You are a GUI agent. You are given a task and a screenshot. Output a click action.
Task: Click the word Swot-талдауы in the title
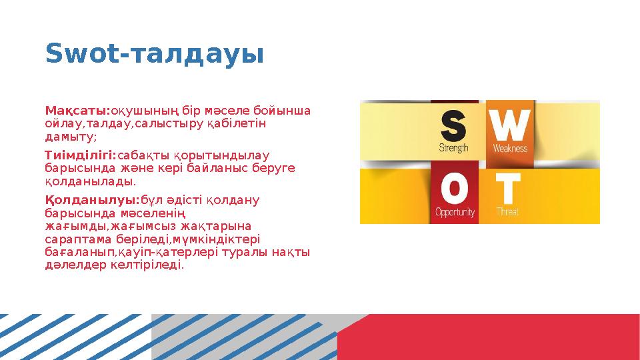coord(154,54)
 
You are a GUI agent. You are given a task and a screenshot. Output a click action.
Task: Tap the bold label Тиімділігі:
coord(81,155)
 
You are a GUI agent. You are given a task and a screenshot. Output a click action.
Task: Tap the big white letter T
coord(507,190)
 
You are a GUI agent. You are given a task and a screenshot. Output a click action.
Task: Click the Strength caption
coord(453,148)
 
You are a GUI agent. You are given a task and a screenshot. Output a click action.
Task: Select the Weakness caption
coord(510,148)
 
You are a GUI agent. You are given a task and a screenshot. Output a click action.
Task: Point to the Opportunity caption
coord(455,213)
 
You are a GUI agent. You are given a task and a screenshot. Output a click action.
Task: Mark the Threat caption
coord(507,213)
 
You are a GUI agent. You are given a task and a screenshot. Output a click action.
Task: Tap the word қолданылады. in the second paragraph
coord(90,181)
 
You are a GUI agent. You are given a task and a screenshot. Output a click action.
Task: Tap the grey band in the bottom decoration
coord(253,337)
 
